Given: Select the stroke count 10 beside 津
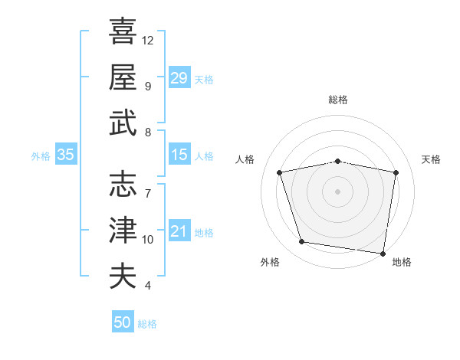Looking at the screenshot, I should (148, 239).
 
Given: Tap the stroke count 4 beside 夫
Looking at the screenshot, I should (147, 286).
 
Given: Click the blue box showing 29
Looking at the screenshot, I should (179, 77).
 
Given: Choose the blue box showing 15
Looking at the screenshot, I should (179, 155).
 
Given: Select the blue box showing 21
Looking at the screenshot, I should (179, 231).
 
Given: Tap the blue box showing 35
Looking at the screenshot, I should (66, 155).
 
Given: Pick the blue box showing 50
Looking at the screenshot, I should (123, 322).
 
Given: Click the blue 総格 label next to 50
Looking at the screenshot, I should (147, 324).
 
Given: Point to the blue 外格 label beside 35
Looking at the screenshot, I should (41, 156).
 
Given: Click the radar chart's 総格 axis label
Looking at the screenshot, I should (338, 100).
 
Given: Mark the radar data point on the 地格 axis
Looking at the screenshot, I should (383, 253).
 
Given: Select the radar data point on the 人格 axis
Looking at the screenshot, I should (280, 172).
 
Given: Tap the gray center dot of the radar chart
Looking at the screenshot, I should (338, 191).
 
